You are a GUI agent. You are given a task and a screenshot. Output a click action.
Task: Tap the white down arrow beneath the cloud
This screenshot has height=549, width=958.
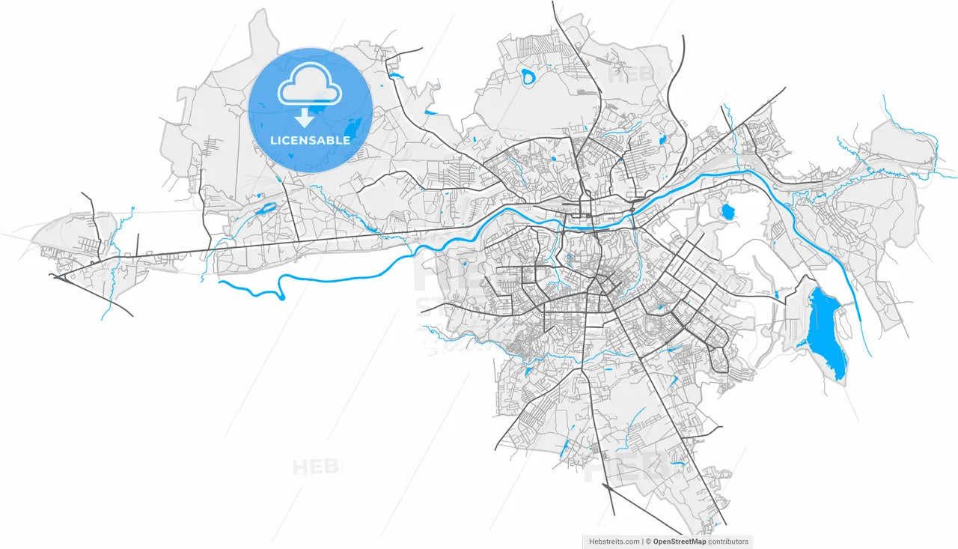[304, 118]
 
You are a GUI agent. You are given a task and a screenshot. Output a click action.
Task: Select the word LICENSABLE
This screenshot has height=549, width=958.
[310, 140]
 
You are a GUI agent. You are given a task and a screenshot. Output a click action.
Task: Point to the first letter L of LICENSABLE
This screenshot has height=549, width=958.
[273, 140]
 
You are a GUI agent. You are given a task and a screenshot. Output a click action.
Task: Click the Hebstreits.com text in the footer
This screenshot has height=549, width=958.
[614, 542]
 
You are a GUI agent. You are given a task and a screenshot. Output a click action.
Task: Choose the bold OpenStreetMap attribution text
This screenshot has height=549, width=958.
[680, 542]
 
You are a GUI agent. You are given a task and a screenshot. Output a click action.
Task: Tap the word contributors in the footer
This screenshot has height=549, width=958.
[728, 542]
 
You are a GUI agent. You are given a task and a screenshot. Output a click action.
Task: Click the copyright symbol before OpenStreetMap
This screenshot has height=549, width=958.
[649, 542]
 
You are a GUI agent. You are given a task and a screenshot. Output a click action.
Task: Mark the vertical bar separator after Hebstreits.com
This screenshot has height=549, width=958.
[643, 542]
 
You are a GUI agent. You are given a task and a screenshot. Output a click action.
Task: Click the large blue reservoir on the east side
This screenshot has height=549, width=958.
[825, 330]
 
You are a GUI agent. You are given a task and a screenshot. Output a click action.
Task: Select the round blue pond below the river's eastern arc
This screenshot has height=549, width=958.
[727, 212]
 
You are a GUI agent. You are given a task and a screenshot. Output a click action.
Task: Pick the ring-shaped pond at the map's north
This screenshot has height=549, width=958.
[529, 76]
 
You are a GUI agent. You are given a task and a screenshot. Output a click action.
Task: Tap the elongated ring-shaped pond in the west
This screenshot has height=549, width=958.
[266, 209]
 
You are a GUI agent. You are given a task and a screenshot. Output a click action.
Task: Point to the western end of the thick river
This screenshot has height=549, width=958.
[220, 283]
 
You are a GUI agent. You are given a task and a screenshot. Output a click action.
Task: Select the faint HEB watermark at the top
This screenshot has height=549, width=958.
[629, 75]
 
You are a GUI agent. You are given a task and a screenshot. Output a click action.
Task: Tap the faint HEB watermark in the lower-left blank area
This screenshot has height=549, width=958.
[315, 467]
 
